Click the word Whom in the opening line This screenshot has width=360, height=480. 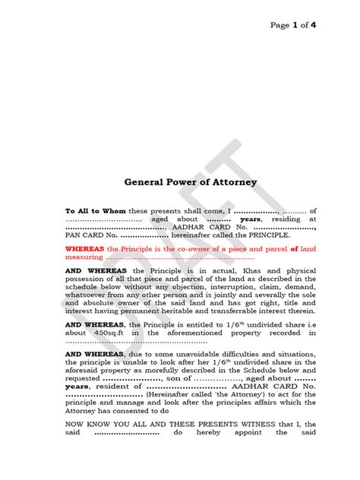[x=114, y=210]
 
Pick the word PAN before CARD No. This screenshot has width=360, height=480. [x=74, y=236]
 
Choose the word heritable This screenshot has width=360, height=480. [x=170, y=310]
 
